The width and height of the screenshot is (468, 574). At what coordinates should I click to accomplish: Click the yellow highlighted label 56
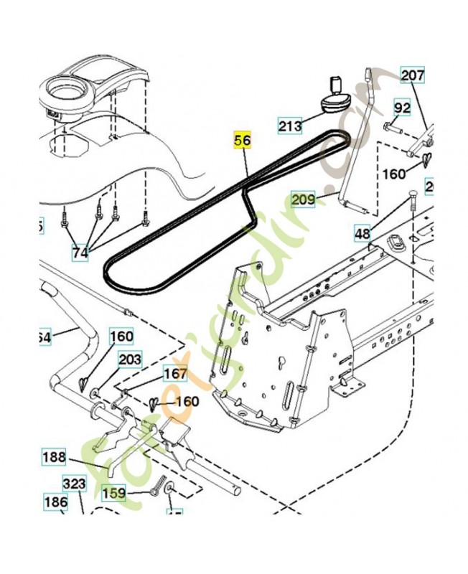(243, 141)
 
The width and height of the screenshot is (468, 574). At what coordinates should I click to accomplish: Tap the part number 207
(413, 75)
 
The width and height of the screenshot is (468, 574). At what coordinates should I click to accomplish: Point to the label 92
(402, 108)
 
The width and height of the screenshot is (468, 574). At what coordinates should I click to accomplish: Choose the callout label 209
(303, 199)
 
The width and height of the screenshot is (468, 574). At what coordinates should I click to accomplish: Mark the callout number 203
(130, 359)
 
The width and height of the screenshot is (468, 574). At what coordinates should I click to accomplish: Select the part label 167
(175, 374)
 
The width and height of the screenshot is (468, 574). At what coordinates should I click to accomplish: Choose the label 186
(56, 503)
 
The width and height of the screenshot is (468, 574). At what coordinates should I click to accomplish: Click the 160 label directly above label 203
(121, 336)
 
